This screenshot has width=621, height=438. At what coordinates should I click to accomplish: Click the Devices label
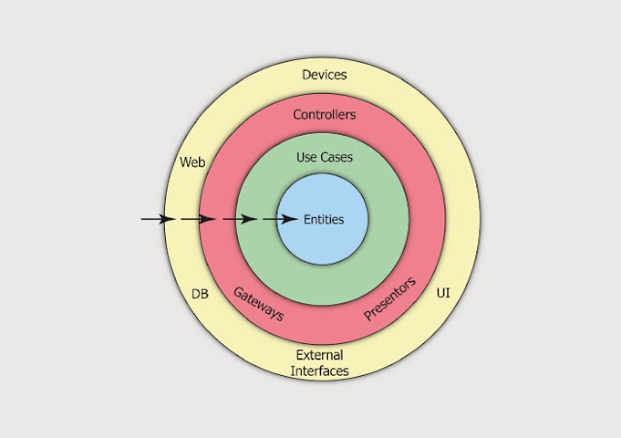[x=324, y=75]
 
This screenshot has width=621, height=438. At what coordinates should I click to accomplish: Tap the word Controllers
[x=324, y=114]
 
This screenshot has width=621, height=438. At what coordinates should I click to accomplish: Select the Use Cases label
[x=324, y=157]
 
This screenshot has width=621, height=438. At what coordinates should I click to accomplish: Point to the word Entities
[x=323, y=219]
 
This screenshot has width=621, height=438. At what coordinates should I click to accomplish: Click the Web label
[x=192, y=162]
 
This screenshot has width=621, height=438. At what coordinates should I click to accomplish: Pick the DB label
[x=200, y=294]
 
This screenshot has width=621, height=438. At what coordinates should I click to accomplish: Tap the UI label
[x=443, y=294]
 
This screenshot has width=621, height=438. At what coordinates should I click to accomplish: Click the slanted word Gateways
[x=259, y=304]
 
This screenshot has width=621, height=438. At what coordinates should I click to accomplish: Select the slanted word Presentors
[x=390, y=298]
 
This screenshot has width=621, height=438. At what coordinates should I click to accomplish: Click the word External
[x=319, y=355]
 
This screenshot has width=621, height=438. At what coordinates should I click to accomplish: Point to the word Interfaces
[x=319, y=371]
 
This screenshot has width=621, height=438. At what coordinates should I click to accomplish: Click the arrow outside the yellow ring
[x=158, y=219]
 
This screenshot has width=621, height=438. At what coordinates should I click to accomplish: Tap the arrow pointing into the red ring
[x=198, y=219]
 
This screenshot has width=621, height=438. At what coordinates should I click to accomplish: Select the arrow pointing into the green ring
[x=240, y=219]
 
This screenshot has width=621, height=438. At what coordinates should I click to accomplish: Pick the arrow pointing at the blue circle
[x=280, y=219]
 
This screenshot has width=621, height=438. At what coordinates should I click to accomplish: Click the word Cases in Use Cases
[x=337, y=157]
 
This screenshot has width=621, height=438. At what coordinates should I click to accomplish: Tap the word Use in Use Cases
[x=307, y=157]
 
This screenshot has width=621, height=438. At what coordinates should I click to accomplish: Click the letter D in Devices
[x=307, y=75]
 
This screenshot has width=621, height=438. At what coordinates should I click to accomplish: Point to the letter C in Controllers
[x=297, y=114]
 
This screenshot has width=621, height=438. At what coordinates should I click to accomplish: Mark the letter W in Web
[x=185, y=162]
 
